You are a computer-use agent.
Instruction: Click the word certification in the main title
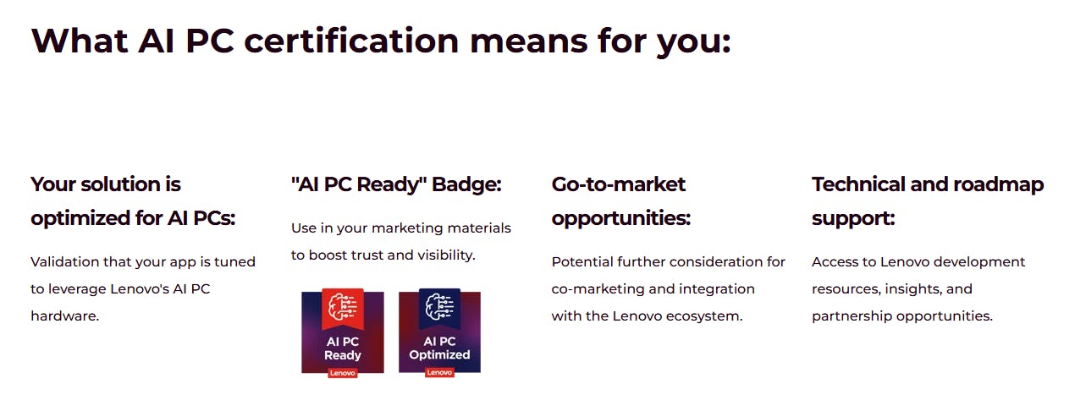[351, 41]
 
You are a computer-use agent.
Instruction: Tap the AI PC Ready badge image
[343, 332]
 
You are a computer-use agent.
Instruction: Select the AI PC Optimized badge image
[440, 332]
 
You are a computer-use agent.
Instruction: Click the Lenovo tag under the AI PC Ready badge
[343, 373]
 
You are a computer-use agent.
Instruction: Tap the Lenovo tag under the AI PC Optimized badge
[440, 372]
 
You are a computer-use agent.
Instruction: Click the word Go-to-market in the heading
[618, 184]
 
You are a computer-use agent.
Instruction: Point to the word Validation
[64, 262]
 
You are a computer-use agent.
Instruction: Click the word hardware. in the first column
[64, 316]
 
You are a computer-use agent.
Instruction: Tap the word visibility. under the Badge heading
[445, 255]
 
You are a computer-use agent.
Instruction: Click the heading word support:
[853, 219]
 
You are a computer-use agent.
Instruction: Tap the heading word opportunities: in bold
[621, 219]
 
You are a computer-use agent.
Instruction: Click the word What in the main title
[80, 41]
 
